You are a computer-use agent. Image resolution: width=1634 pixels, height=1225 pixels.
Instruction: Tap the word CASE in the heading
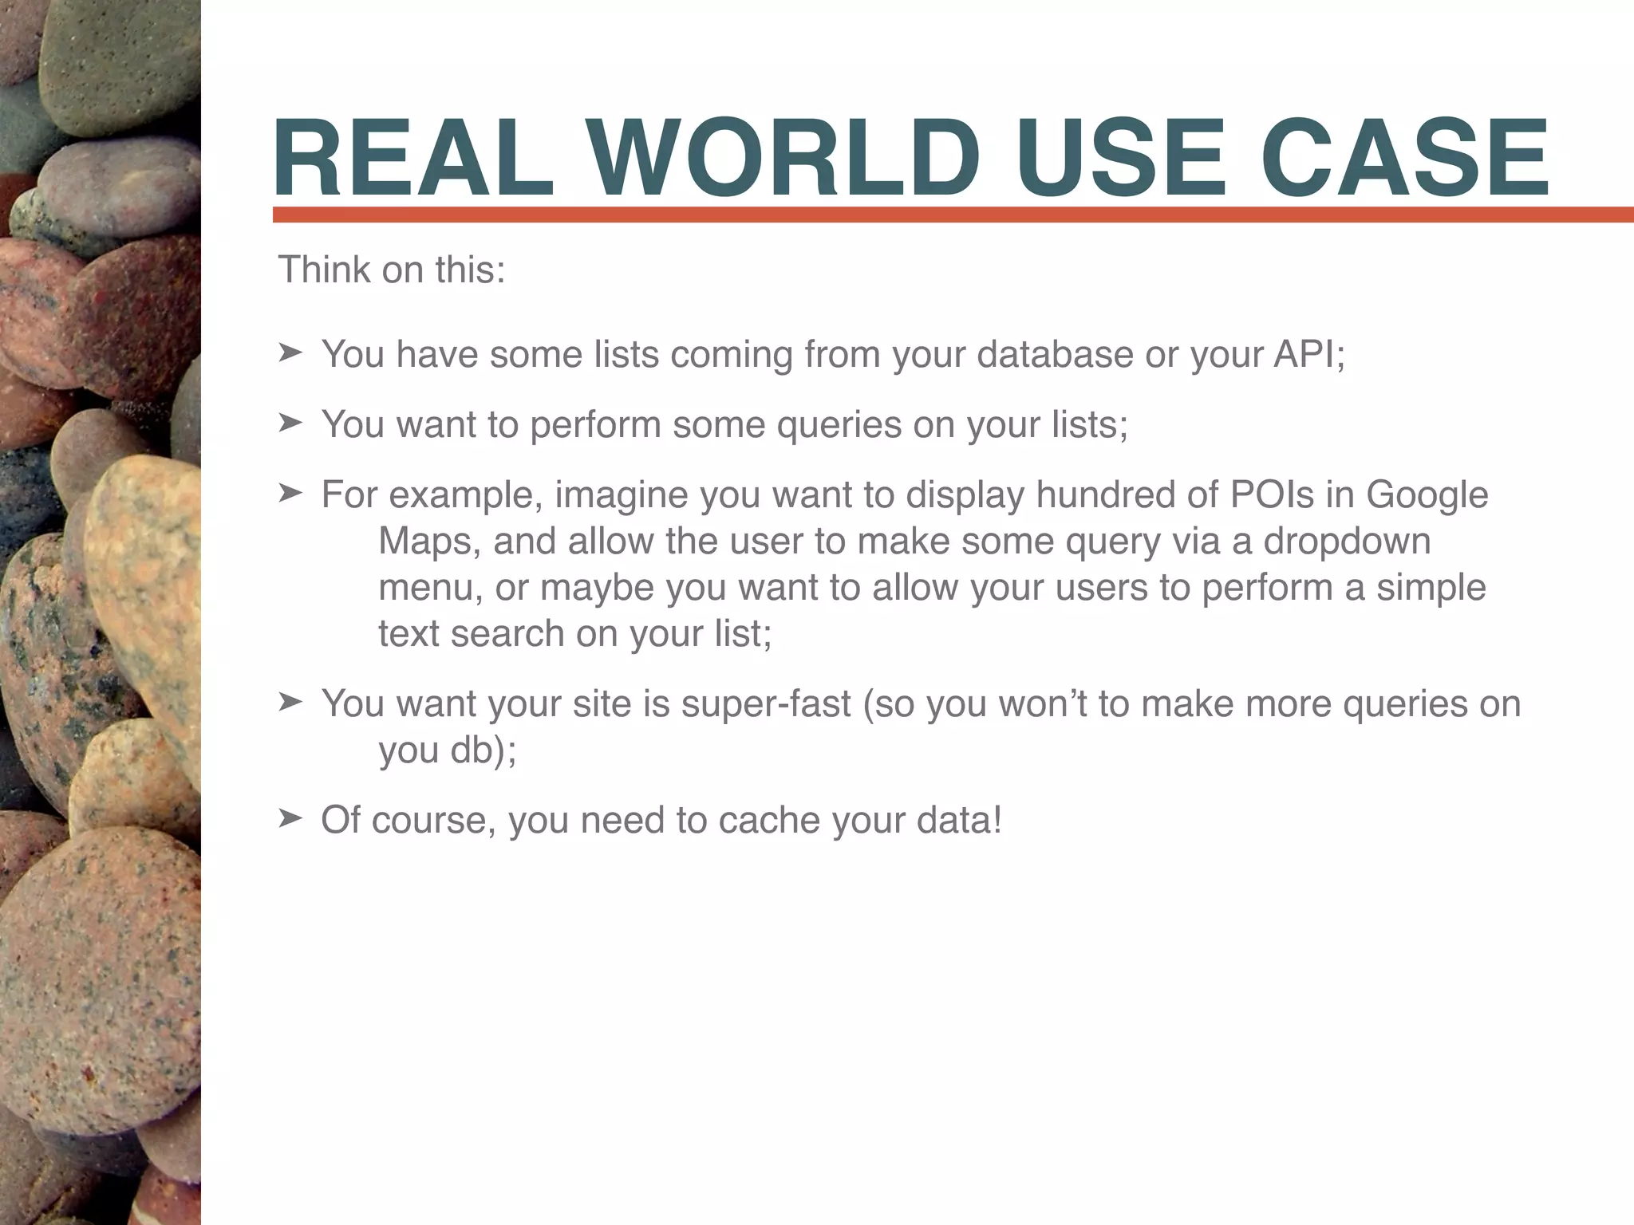point(1405,157)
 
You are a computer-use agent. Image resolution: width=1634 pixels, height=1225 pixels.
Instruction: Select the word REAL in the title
point(413,157)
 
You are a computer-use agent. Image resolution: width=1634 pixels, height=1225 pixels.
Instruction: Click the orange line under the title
point(949,215)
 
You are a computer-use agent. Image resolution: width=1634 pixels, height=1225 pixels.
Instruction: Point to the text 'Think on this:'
point(391,270)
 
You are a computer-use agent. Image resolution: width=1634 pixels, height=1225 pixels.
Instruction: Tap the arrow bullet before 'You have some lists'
point(290,353)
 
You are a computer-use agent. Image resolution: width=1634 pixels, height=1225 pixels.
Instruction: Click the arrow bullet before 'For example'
point(290,493)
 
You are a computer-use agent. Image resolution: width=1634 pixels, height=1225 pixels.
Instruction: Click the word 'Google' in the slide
point(1427,494)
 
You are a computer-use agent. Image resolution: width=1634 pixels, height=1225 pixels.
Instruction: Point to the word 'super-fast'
point(766,704)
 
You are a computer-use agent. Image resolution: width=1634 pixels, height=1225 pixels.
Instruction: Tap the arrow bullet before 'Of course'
point(290,818)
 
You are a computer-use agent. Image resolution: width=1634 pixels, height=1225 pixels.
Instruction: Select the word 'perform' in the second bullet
point(595,425)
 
